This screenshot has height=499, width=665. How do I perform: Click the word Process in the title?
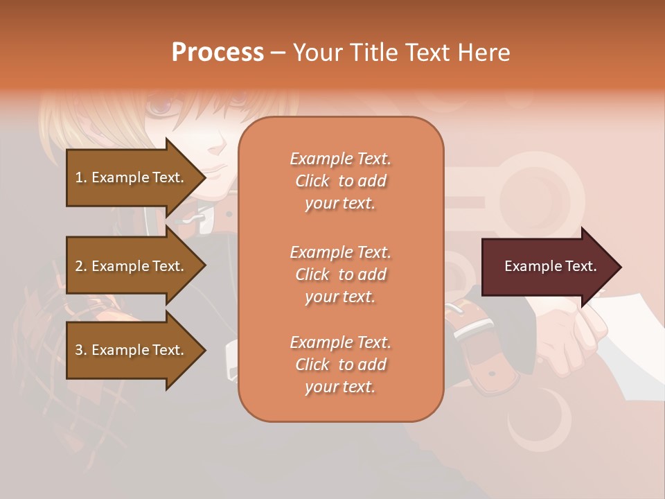(218, 53)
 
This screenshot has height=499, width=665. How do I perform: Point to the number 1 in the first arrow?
(79, 177)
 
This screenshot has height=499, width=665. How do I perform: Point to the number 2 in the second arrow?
(79, 266)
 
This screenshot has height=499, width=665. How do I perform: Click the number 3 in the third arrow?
(79, 350)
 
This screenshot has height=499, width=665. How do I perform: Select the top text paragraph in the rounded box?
(340, 181)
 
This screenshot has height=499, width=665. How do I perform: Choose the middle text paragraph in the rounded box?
(340, 274)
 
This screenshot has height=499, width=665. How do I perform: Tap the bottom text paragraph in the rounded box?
(340, 365)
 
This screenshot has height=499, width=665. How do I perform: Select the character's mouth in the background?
(216, 168)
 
